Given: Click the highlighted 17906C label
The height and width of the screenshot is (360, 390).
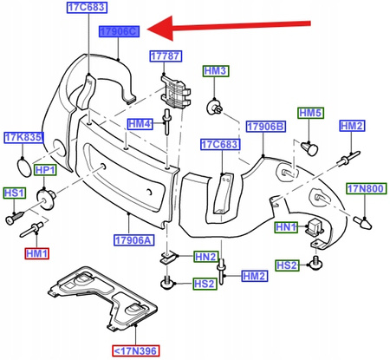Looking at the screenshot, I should (119, 32).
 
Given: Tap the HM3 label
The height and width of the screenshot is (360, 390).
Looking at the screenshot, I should (215, 69).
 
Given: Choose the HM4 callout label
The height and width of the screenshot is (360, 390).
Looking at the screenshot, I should (140, 124).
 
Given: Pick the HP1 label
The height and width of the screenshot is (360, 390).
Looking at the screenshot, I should (44, 169).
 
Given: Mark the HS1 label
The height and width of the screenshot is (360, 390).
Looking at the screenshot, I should (15, 193).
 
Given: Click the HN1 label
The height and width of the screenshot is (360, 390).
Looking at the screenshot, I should (286, 227).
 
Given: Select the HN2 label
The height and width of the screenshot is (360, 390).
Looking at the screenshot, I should (205, 257).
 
